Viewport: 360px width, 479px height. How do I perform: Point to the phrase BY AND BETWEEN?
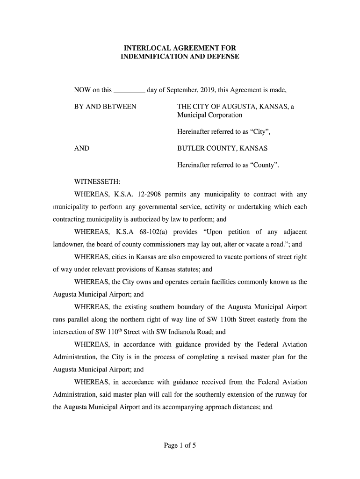point(105,107)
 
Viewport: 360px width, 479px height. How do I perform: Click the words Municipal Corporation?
point(209,115)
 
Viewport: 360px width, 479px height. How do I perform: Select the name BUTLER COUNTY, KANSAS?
point(222,149)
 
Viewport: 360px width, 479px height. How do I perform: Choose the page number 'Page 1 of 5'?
point(180,446)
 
